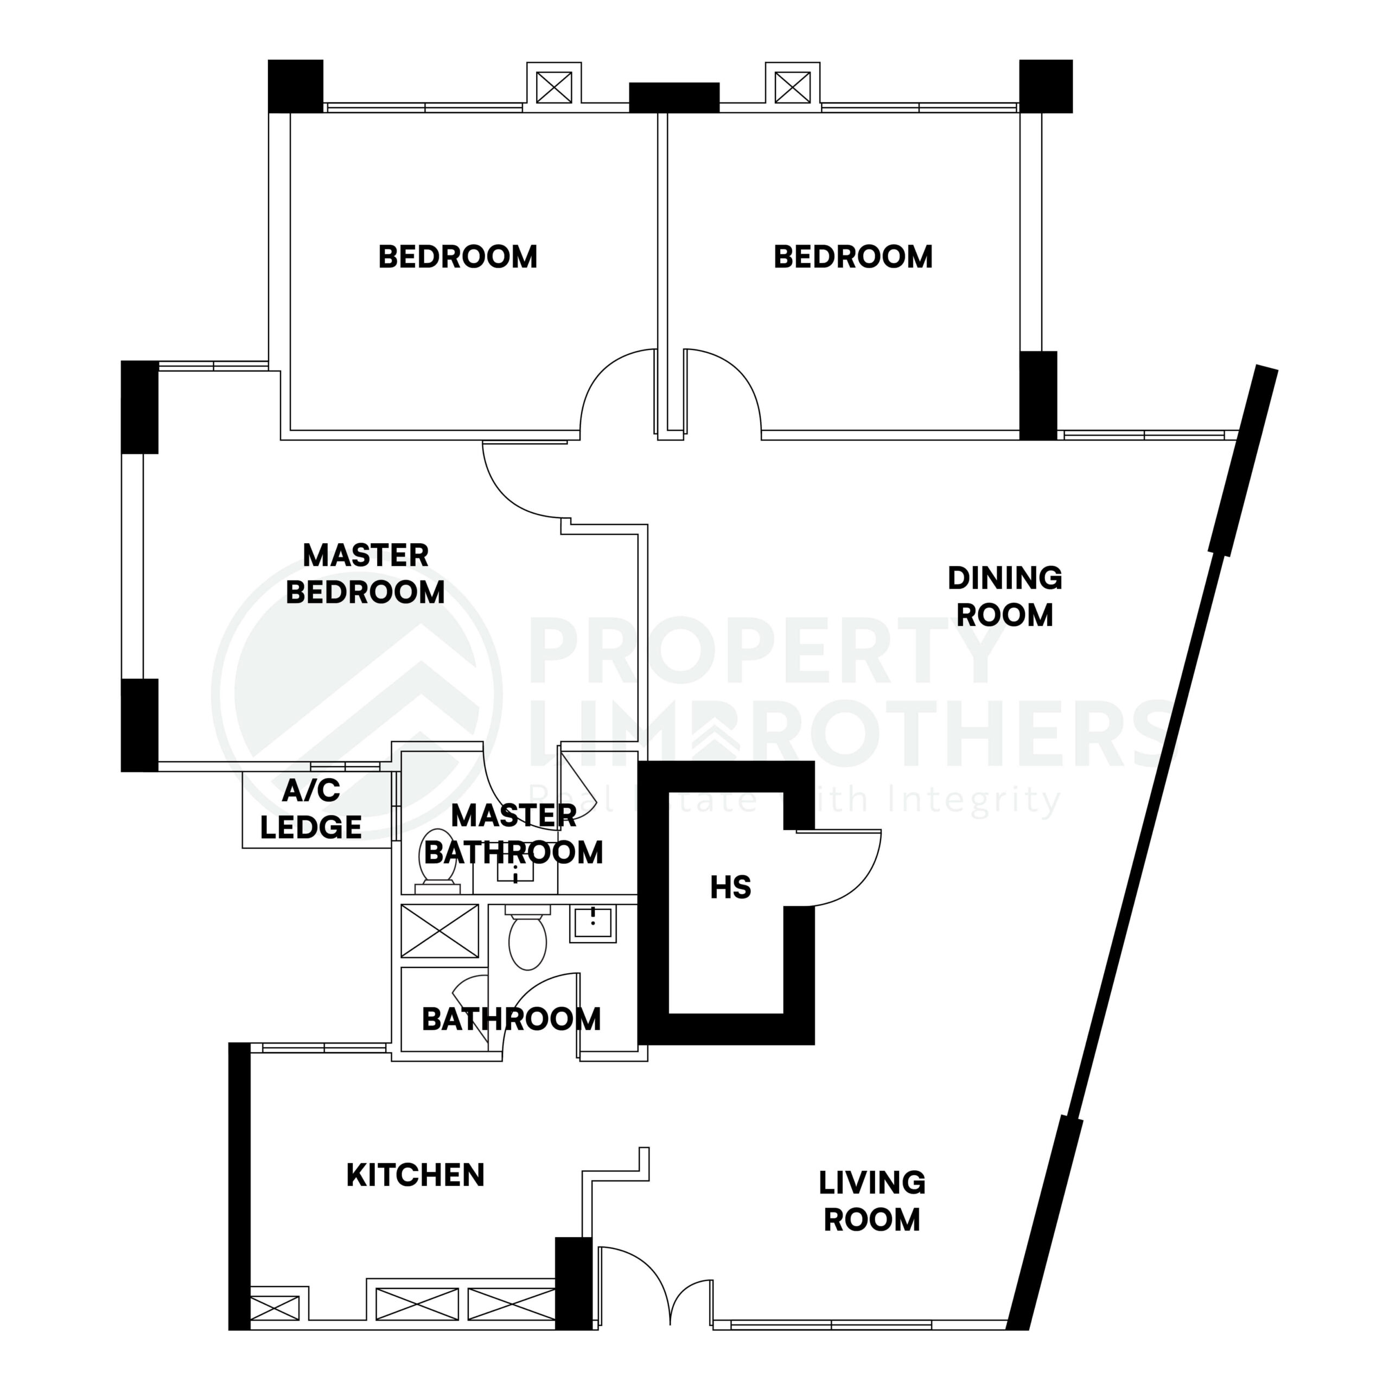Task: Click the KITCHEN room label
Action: click(x=415, y=1175)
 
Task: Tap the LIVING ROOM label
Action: click(x=871, y=1201)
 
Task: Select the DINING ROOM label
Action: click(x=1004, y=596)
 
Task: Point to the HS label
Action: click(x=730, y=888)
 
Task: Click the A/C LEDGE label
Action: click(x=310, y=809)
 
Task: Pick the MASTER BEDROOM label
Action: click(x=365, y=574)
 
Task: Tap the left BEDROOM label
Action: click(x=457, y=257)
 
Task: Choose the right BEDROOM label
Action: click(x=853, y=257)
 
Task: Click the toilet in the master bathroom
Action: click(x=437, y=867)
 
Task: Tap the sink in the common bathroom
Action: click(x=592, y=923)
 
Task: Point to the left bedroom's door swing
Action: click(x=615, y=392)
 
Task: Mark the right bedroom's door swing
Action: click(x=726, y=392)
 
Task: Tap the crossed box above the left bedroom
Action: click(x=553, y=88)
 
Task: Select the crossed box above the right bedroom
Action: click(x=792, y=88)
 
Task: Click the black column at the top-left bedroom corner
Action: click(x=296, y=86)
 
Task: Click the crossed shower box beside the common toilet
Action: click(x=439, y=931)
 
